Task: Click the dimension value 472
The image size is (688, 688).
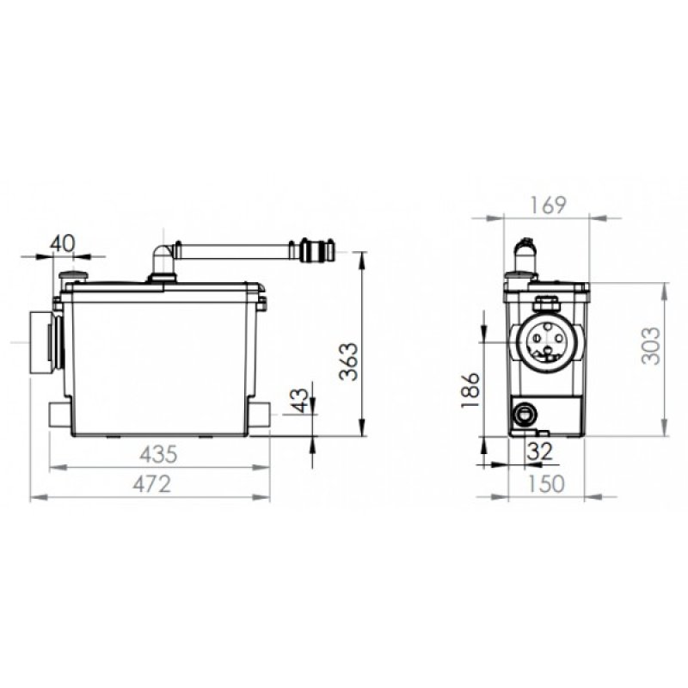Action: click(x=152, y=484)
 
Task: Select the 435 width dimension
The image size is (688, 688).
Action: click(x=158, y=454)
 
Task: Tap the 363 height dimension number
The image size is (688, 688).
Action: click(x=350, y=361)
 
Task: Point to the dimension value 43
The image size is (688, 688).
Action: click(x=300, y=400)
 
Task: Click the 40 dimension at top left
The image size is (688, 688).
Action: click(x=62, y=243)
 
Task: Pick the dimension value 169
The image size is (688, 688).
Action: click(x=548, y=206)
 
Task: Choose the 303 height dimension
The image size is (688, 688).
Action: click(x=651, y=346)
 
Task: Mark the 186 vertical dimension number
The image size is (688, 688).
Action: click(x=470, y=390)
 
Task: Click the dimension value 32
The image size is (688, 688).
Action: click(x=540, y=451)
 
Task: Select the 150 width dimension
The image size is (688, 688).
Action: click(x=546, y=484)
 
